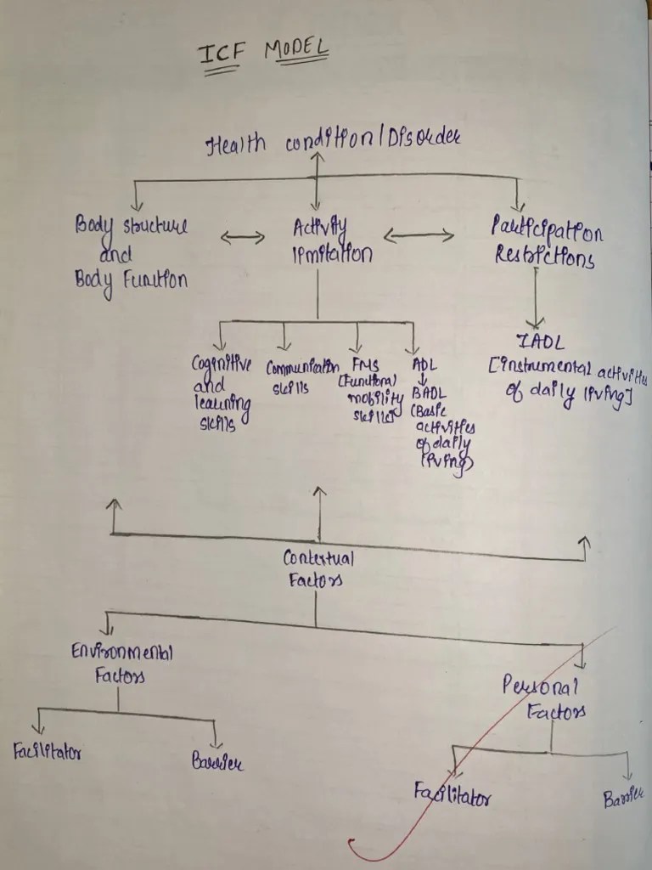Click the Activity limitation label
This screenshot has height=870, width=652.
(331, 240)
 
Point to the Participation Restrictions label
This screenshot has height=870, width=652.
(547, 243)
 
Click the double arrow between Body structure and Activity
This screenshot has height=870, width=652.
(243, 238)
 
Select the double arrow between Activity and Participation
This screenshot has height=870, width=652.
(419, 235)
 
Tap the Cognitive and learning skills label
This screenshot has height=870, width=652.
(221, 393)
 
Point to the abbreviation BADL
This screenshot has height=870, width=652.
(427, 393)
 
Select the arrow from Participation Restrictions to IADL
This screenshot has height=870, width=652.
(536, 298)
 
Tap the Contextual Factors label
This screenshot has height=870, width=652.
(318, 569)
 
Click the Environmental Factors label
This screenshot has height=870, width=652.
(121, 664)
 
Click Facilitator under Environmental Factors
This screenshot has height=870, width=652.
(48, 752)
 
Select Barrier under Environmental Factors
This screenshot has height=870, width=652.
(217, 762)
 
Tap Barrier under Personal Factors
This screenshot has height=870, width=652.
(623, 798)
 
